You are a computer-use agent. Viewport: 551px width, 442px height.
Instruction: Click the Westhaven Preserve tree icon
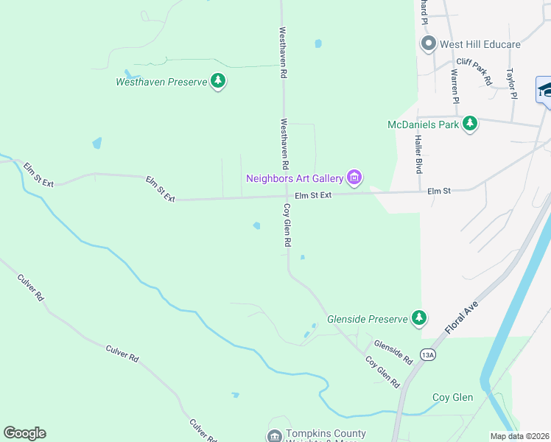click(x=217, y=81)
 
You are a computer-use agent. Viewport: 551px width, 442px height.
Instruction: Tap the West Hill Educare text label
click(x=480, y=44)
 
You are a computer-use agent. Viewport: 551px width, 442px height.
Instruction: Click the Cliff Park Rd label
click(x=474, y=71)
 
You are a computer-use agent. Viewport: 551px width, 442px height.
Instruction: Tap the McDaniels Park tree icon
click(x=470, y=124)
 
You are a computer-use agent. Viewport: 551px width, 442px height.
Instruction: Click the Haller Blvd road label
click(x=418, y=154)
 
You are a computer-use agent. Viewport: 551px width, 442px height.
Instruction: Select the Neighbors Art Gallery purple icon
click(x=354, y=178)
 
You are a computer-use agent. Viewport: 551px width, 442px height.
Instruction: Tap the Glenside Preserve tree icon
click(x=419, y=318)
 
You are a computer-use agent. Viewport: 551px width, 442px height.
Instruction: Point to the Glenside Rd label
click(x=393, y=351)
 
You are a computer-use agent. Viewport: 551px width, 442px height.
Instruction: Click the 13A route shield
click(x=428, y=355)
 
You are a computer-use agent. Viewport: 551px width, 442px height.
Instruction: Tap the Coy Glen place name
click(x=452, y=397)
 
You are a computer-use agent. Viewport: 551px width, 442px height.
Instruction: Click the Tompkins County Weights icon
click(x=274, y=435)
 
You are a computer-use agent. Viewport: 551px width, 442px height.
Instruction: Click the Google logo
click(x=24, y=433)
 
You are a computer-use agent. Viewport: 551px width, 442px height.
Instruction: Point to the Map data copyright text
click(x=519, y=436)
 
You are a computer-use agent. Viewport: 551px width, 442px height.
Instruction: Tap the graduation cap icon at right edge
click(x=544, y=91)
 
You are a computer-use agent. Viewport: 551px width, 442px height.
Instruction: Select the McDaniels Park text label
click(x=423, y=124)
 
